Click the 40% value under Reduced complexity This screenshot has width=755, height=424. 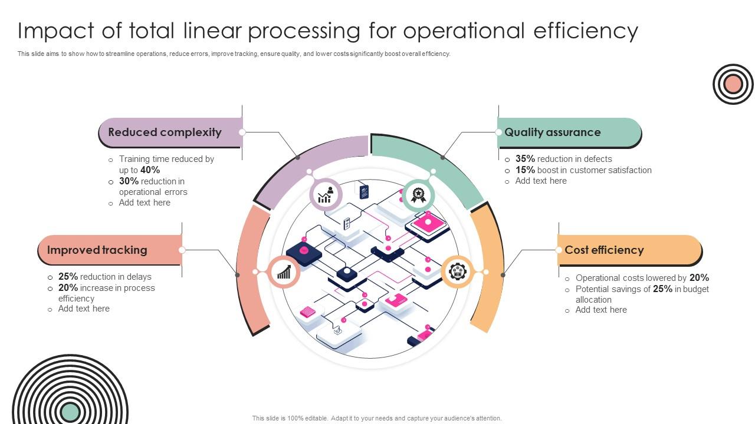[150, 170]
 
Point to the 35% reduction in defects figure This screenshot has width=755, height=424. [525, 159]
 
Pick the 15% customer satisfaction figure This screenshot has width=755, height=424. [525, 170]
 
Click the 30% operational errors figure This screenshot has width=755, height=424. [129, 181]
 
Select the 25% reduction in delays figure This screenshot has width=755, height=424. [68, 277]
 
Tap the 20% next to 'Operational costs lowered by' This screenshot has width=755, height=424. [699, 278]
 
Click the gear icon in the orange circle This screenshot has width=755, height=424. [458, 271]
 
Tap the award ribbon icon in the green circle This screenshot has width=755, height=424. [419, 195]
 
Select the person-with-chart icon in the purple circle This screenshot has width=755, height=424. [326, 195]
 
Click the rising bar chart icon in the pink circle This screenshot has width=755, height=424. [284, 271]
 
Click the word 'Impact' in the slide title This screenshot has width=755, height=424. [51, 31]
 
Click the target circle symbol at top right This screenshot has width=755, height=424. [733, 84]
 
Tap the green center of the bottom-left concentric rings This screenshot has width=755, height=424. [70, 412]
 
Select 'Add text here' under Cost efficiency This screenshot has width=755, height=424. [601, 310]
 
